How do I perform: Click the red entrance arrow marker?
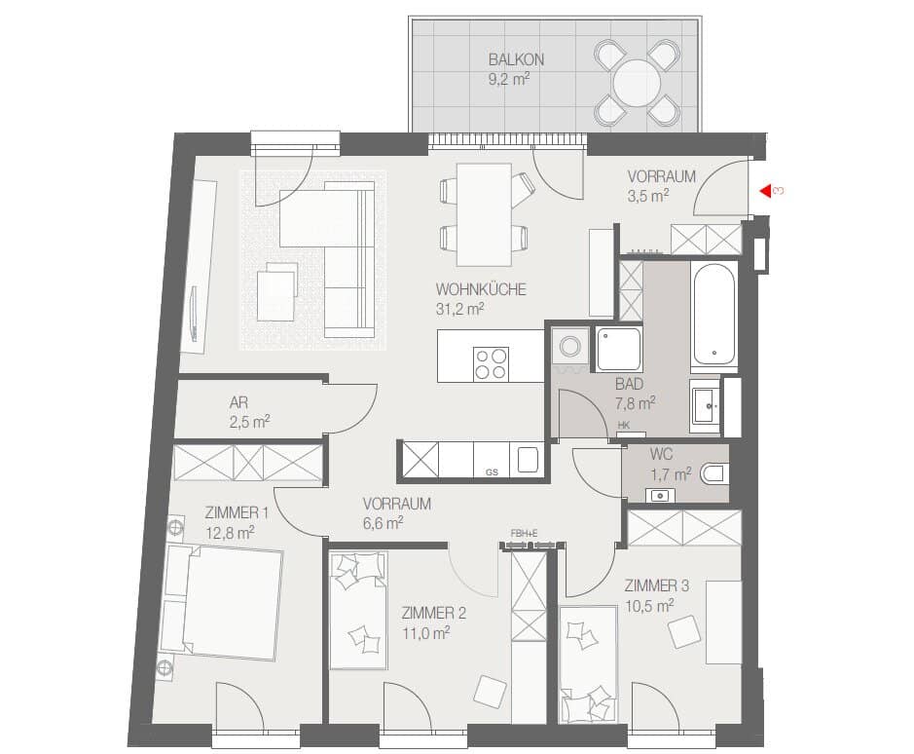click(765, 191)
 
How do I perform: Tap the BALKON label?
click(516, 59)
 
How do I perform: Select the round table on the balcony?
click(638, 83)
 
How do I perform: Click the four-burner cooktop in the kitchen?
click(491, 363)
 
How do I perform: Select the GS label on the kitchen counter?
click(492, 472)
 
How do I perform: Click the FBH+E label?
click(524, 533)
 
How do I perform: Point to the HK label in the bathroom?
click(623, 426)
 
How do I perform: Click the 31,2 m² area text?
click(459, 309)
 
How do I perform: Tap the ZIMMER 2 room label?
click(433, 613)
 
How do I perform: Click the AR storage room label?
click(238, 402)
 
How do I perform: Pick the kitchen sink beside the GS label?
click(527, 460)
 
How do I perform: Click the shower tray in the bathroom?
click(618, 349)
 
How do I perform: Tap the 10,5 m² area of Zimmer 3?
click(649, 606)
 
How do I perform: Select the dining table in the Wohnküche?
click(485, 214)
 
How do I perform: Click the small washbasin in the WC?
click(660, 496)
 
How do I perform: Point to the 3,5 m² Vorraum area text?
click(647, 196)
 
